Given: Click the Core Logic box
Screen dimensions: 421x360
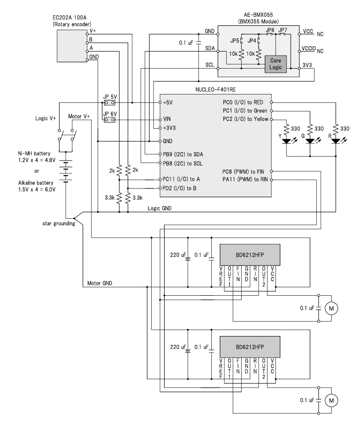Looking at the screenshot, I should point(276,64).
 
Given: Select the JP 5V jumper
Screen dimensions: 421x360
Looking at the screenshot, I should point(110,103).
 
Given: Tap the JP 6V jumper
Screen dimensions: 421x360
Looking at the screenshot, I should point(110,120).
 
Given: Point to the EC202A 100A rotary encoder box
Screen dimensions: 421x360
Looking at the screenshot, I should point(71,45).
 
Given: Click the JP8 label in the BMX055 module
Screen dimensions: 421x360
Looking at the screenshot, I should point(270,31).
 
